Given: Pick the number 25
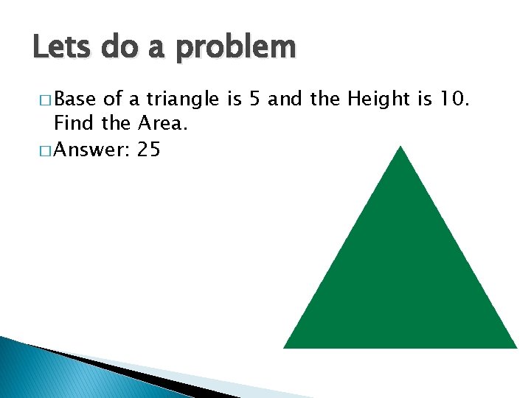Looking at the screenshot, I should (x=148, y=150).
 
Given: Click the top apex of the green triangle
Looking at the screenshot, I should (x=400, y=147).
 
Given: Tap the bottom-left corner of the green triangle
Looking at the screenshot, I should (x=285, y=346).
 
